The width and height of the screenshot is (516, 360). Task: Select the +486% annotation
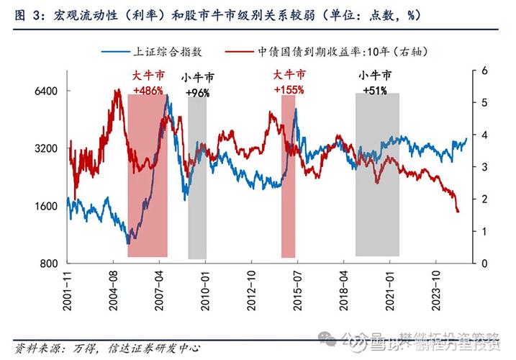click(x=148, y=90)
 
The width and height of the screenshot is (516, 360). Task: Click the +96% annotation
click(x=197, y=94)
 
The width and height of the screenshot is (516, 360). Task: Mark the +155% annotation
click(x=289, y=90)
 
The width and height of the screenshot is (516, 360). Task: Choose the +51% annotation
click(x=376, y=91)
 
